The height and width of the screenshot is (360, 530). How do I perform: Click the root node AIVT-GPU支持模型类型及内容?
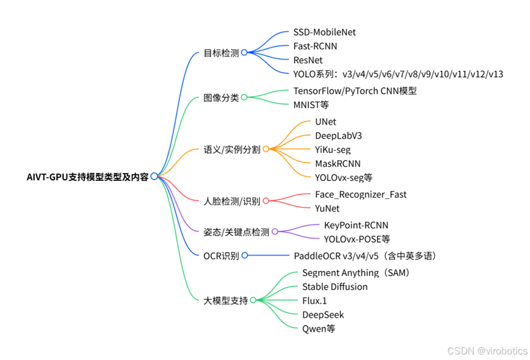(88, 177)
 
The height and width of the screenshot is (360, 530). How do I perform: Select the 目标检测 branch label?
(221, 53)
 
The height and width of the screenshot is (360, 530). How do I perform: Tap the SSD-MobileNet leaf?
(324, 32)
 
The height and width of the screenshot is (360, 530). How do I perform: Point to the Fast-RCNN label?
(315, 46)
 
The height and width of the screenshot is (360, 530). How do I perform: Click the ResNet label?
(308, 60)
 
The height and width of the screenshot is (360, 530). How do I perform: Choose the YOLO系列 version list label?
(398, 74)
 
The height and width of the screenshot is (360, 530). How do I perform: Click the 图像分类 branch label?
(221, 98)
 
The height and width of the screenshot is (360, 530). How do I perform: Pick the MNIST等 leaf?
(311, 105)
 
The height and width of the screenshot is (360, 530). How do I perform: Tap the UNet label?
(325, 121)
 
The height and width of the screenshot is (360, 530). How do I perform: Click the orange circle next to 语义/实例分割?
(266, 149)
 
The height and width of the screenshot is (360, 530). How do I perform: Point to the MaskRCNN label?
(338, 164)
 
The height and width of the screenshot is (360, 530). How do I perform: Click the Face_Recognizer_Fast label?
(361, 194)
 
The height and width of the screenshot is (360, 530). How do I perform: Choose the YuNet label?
(327, 209)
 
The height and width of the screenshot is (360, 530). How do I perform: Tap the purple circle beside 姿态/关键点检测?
(274, 232)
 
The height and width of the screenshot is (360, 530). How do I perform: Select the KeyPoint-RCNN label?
(356, 225)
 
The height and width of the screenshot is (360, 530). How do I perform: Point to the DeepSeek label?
(323, 315)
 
